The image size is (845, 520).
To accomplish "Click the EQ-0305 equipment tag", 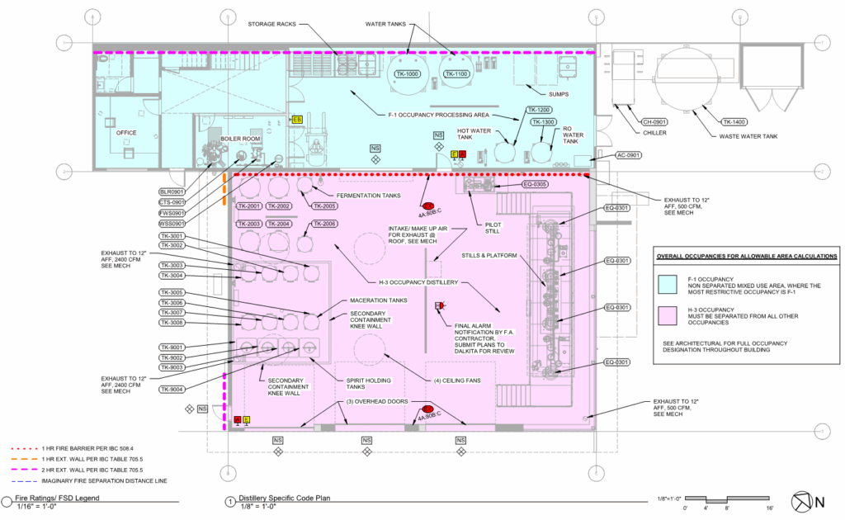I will [x=536, y=184].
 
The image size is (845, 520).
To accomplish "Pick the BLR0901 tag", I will [x=173, y=191].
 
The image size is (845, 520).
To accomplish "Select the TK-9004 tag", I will [x=173, y=389].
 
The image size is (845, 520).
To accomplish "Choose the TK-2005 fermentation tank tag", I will [x=323, y=206].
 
